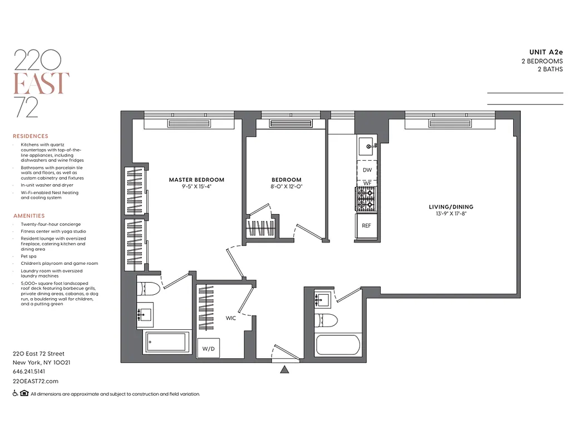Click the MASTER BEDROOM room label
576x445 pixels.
(x=196, y=180)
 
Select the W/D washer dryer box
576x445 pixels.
(x=208, y=348)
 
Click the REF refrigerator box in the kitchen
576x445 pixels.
(x=366, y=226)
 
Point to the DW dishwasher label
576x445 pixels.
(x=367, y=170)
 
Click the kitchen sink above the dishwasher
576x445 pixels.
(x=367, y=147)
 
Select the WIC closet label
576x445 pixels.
(x=232, y=319)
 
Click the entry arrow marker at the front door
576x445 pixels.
(x=285, y=369)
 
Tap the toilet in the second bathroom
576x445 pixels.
(x=326, y=321)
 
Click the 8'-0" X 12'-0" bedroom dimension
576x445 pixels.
(x=286, y=187)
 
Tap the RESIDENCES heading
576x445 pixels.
(x=31, y=136)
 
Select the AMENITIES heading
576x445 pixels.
(x=29, y=216)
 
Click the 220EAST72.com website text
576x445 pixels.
(x=35, y=381)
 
